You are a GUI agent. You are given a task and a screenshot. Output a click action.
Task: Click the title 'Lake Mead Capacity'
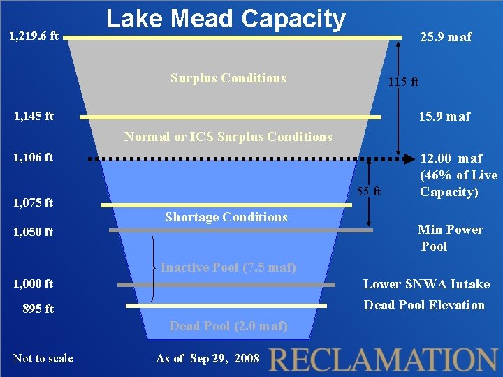(226, 19)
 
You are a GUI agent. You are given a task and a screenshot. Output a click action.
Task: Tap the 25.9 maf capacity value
(445, 37)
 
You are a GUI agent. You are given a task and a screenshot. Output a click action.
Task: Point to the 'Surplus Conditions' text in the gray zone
(228, 77)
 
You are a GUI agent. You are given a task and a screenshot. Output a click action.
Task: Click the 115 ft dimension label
(403, 82)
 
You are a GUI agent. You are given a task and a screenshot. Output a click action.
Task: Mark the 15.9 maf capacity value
(444, 116)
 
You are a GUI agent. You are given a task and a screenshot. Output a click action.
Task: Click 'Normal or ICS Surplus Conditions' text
(228, 137)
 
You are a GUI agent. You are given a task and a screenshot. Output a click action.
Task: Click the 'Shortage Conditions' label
(226, 217)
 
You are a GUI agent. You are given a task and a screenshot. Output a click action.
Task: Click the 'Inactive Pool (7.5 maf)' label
(228, 267)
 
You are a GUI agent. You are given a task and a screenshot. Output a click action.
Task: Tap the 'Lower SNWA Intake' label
(426, 284)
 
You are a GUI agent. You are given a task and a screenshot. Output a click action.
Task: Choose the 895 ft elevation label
(38, 309)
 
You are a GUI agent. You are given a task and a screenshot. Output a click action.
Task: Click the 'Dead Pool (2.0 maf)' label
(228, 326)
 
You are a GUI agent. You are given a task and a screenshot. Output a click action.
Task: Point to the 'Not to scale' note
(43, 359)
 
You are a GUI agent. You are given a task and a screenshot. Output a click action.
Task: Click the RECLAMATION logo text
(383, 358)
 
